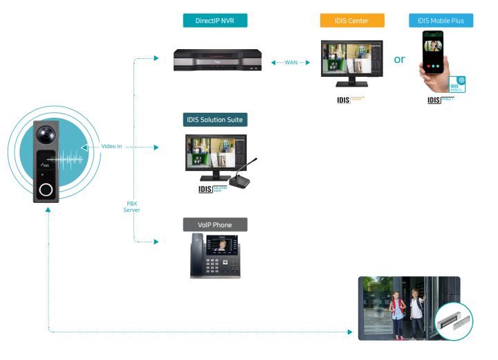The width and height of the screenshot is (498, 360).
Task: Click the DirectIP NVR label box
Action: [214, 20]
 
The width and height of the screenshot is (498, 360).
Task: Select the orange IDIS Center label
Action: [352, 20]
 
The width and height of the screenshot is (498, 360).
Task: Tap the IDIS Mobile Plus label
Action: [441, 20]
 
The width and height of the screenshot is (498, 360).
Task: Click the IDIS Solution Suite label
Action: [215, 120]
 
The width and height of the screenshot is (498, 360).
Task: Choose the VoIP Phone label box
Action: [214, 224]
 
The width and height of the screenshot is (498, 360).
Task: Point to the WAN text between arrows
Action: [291, 62]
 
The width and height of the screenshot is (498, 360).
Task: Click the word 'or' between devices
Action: [400, 60]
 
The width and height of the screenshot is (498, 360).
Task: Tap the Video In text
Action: [111, 146]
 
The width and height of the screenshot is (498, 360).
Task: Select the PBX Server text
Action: [131, 206]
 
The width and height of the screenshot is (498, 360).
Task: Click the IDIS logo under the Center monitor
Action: [343, 100]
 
